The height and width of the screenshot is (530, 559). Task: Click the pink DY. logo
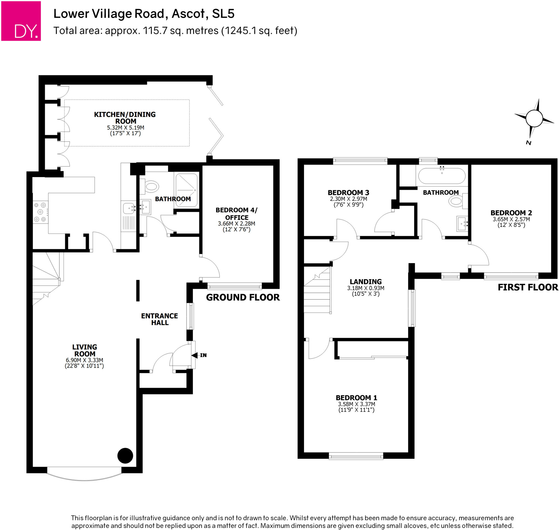click(x=21, y=21)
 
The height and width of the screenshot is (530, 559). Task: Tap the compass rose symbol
click(x=534, y=119)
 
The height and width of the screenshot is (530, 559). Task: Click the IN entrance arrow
click(x=195, y=355)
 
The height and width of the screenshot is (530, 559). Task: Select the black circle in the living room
click(x=125, y=456)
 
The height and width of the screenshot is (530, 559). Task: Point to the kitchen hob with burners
click(x=40, y=212)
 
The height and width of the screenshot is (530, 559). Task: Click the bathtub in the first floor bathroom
click(x=441, y=176)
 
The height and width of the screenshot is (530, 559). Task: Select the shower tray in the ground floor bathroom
click(x=186, y=190)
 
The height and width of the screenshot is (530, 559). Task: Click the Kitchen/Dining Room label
click(x=125, y=118)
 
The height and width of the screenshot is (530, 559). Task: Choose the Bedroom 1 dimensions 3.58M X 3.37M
click(x=356, y=404)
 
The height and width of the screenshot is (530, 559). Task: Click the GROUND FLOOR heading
click(x=243, y=297)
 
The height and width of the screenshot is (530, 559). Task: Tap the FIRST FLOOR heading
click(x=528, y=287)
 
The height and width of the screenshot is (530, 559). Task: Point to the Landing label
click(x=365, y=282)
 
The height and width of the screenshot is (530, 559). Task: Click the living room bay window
click(x=84, y=477)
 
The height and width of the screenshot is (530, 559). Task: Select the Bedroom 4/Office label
click(x=237, y=214)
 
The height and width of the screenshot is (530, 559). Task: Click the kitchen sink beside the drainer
click(x=129, y=208)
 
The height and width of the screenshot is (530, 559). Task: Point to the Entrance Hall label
click(x=159, y=319)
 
